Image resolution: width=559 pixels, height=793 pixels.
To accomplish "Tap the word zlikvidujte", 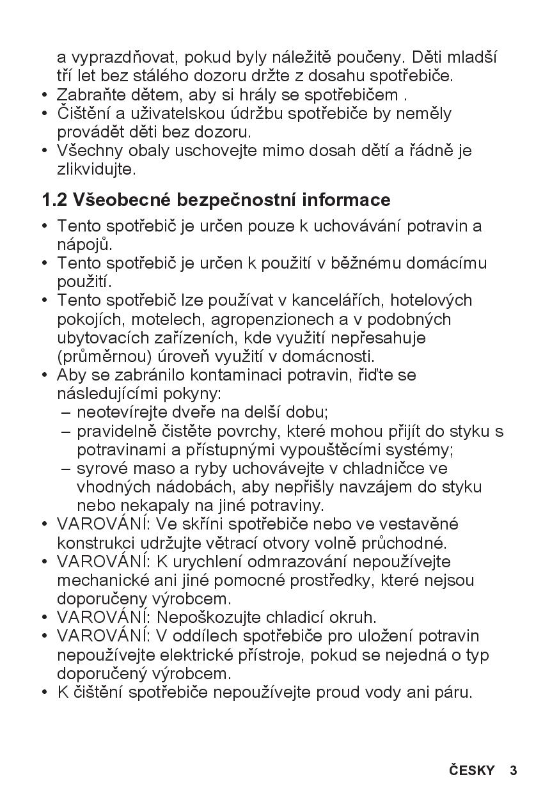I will coord(96,170).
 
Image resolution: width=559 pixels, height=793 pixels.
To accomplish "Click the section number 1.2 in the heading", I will coord(54,200).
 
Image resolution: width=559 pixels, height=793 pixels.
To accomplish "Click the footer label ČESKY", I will coord(471,771).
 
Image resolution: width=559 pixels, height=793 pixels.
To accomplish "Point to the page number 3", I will coord(513,771).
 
